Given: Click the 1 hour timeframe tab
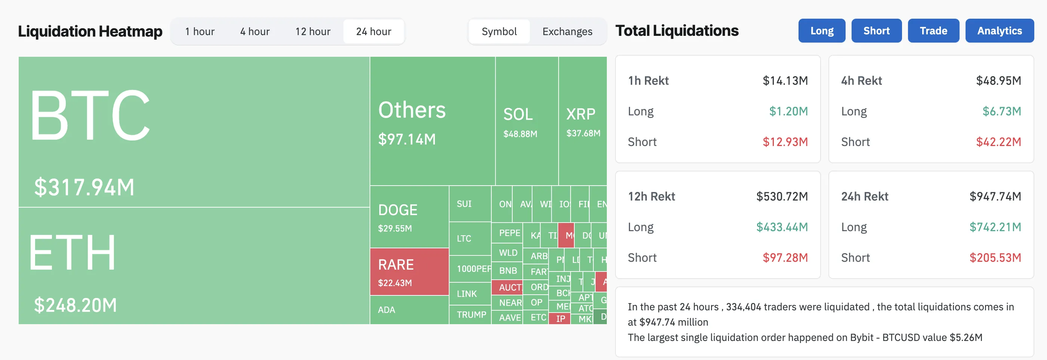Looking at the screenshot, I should point(200,31).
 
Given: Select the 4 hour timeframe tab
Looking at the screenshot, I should point(255,31).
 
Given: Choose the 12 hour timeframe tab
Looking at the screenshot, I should point(312,31).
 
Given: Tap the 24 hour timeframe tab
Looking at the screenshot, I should point(374,31).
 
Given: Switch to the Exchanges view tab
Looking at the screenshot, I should point(567,31).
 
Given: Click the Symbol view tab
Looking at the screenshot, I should point(499,31).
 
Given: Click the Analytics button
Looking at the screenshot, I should point(999,31).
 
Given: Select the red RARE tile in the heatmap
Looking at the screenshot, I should point(409,271).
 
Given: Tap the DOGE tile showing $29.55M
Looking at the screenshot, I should point(409,217).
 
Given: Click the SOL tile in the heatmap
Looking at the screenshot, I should point(526,121).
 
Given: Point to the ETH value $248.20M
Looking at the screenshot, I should point(75,305).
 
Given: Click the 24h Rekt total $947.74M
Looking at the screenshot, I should point(995,196).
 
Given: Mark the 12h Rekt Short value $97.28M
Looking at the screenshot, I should point(785,258).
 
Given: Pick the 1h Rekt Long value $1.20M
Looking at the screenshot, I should point(788,111).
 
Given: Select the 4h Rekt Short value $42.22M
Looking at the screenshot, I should point(998,142).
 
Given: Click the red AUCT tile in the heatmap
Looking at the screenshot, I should point(507,287).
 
